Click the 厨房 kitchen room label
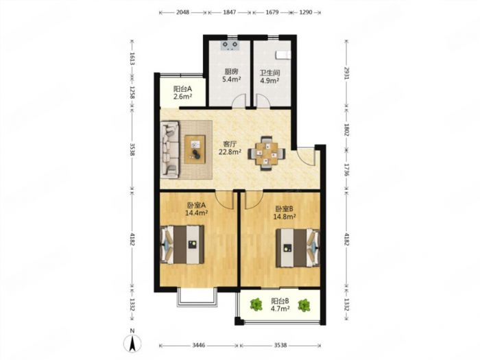click(x=231, y=71)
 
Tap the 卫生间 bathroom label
click(x=269, y=73)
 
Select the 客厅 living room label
click(x=230, y=143)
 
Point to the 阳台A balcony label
click(x=183, y=89)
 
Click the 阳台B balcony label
click(x=280, y=301)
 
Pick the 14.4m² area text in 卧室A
click(x=197, y=213)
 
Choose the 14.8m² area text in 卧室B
click(x=285, y=217)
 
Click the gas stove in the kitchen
click(x=230, y=45)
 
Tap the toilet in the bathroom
click(x=283, y=54)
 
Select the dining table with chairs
click(x=267, y=153)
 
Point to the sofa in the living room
click(x=170, y=149)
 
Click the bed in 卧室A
click(x=183, y=245)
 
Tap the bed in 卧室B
click(x=298, y=248)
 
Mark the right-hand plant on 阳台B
click(x=304, y=305)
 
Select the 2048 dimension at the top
click(x=183, y=12)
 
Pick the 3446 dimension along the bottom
click(x=199, y=346)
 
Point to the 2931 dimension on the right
click(x=346, y=73)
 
